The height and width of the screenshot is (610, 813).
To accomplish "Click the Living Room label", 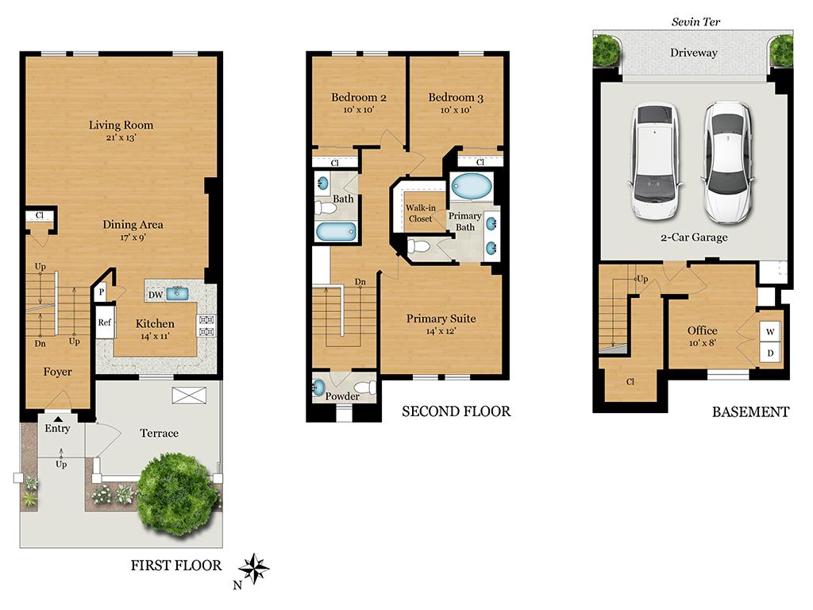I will pyautogui.click(x=121, y=125).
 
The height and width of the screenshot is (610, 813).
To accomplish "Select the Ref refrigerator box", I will pyautogui.click(x=105, y=322).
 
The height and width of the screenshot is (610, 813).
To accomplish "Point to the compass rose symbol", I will pyautogui.click(x=254, y=569).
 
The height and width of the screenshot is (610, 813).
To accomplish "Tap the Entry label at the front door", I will pyautogui.click(x=57, y=428).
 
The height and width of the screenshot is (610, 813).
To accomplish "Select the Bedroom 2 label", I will pyautogui.click(x=359, y=98).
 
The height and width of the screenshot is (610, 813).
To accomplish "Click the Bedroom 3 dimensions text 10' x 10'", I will pyautogui.click(x=456, y=110).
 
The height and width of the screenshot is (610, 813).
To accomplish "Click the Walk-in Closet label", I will pyautogui.click(x=419, y=213).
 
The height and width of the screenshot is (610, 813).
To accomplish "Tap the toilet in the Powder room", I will pyautogui.click(x=364, y=388).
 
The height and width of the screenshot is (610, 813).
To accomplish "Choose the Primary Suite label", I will pyautogui.click(x=441, y=319).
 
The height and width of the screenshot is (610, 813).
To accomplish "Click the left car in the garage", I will pyautogui.click(x=657, y=163).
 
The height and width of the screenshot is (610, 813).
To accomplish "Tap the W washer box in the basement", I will pyautogui.click(x=770, y=330).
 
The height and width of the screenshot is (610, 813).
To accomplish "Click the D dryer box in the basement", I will pyautogui.click(x=770, y=352).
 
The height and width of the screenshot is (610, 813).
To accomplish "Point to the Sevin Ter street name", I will pyautogui.click(x=695, y=21).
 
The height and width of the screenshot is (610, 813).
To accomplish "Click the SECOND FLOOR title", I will pyautogui.click(x=456, y=411).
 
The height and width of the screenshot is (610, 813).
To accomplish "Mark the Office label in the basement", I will pyautogui.click(x=702, y=330).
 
